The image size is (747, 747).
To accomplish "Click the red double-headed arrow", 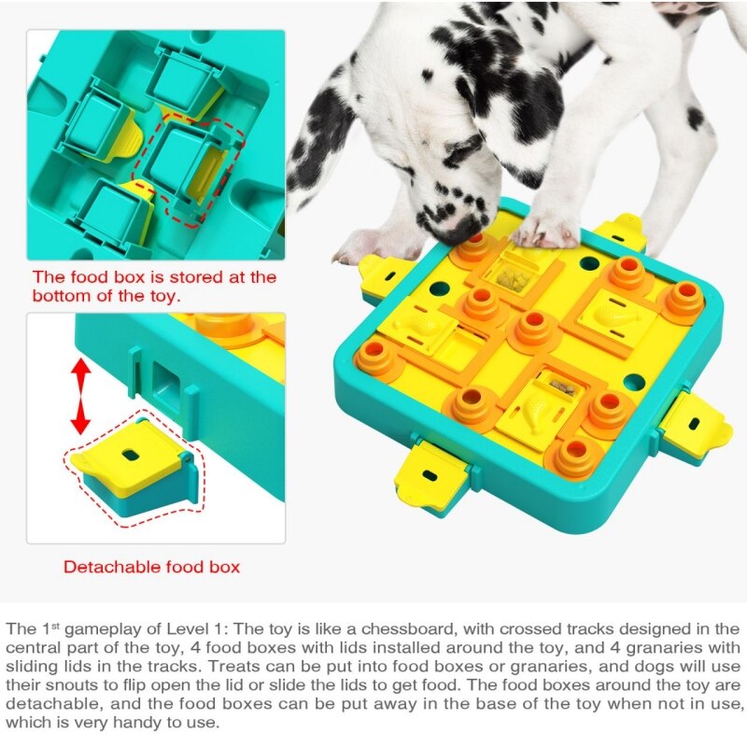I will pyautogui.click(x=81, y=396).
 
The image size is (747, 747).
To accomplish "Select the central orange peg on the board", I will pyautogui.click(x=533, y=328).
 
